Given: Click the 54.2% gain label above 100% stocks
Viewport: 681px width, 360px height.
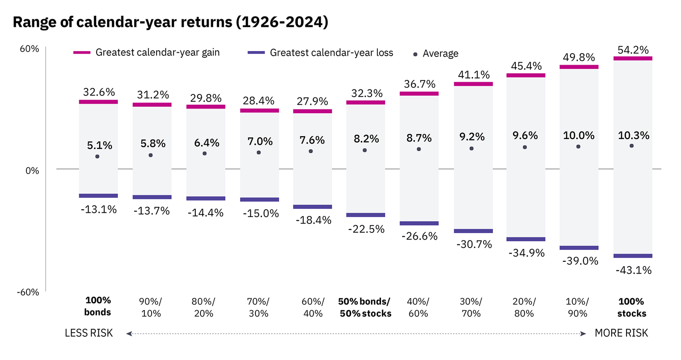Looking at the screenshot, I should click(633, 50).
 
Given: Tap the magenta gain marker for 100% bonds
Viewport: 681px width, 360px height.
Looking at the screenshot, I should click(98, 102).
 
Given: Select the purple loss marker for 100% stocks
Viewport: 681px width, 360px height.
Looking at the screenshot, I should click(633, 256).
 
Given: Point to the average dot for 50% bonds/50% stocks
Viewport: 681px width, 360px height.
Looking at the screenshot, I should click(365, 150).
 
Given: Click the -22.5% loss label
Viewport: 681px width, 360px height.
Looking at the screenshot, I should click(366, 229).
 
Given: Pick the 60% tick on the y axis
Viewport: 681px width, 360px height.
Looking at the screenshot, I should click(29, 49).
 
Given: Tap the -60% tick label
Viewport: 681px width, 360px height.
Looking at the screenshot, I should click(28, 292).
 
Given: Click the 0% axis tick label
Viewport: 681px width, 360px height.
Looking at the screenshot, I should click(32, 171).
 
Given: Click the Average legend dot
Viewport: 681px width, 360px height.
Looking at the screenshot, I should click(415, 54).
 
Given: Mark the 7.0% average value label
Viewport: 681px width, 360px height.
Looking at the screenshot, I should click(260, 141).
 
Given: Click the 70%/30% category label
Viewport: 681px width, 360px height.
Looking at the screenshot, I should click(258, 307).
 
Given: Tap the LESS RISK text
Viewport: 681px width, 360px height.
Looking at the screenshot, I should click(89, 333).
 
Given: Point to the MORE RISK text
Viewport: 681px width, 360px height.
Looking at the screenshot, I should click(621, 333).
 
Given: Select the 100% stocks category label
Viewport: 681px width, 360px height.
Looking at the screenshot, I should click(632, 307).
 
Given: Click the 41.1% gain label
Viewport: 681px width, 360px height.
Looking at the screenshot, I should click(474, 74).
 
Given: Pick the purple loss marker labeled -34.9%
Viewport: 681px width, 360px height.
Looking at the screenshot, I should click(526, 239).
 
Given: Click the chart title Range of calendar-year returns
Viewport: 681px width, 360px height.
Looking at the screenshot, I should click(170, 22).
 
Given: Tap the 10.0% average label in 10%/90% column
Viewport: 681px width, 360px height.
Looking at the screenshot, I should click(578, 135).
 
